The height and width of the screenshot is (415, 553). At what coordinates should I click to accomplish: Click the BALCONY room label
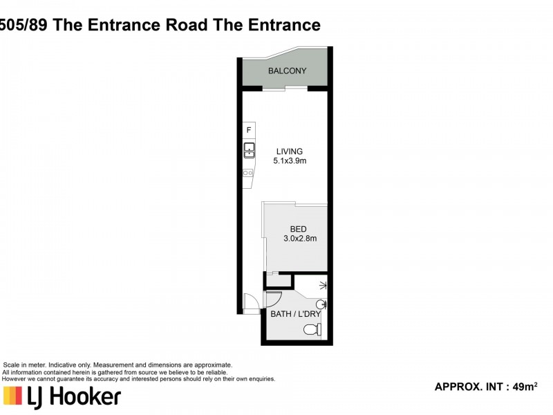[287, 71]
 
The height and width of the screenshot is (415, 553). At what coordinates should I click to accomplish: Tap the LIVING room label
[289, 151]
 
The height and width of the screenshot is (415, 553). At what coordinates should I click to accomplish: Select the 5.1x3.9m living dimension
[290, 161]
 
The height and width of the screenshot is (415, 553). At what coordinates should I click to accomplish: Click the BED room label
[298, 229]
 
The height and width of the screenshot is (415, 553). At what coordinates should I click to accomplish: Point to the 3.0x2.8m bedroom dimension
[300, 239]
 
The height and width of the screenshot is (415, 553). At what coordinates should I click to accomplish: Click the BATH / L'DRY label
[296, 314]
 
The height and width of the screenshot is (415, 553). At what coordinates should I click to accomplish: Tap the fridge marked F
[249, 130]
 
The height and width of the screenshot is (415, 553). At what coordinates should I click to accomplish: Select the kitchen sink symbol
[250, 150]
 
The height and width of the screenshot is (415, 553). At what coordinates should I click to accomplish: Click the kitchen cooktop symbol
[248, 173]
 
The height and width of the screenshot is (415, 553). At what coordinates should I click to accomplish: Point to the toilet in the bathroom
[312, 330]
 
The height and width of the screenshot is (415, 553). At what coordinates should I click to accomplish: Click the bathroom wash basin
[321, 304]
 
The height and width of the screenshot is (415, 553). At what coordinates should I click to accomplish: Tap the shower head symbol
[323, 285]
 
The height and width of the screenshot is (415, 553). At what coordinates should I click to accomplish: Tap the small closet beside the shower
[279, 282]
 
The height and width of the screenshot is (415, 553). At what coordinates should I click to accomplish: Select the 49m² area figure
[525, 387]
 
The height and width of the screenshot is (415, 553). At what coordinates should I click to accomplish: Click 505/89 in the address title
[24, 25]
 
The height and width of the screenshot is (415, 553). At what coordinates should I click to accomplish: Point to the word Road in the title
[187, 25]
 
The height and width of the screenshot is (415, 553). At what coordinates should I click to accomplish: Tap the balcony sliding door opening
[285, 89]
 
